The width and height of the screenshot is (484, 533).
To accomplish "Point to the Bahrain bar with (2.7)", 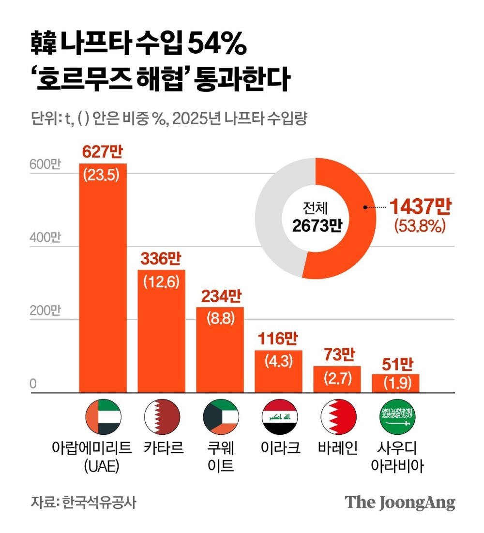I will point(337,379).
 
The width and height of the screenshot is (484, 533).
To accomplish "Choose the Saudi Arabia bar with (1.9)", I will point(395,383).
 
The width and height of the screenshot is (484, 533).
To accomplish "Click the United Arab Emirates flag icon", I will point(103,417).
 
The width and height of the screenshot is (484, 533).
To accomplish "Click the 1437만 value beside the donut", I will point(420,207).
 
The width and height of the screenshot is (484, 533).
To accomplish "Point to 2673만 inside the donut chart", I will point(315,225).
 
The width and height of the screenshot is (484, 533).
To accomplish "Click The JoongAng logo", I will point(400,502).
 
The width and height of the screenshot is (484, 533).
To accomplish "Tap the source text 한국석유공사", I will point(99,502).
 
